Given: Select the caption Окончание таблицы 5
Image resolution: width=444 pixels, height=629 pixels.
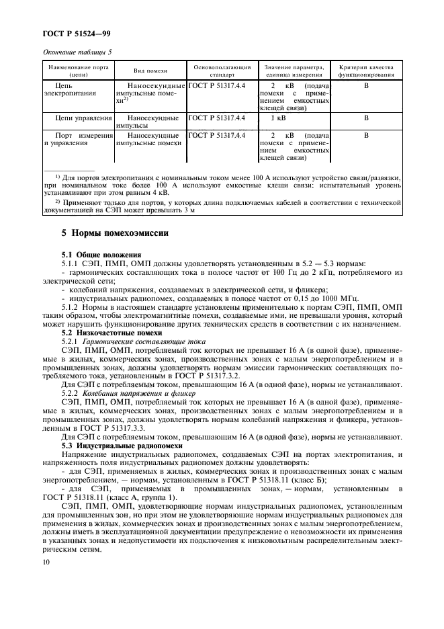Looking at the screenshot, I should [77, 52].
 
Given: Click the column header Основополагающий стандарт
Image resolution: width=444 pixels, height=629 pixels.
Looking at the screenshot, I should [222, 71].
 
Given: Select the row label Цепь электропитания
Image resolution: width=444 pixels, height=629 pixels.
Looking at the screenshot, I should [68, 90].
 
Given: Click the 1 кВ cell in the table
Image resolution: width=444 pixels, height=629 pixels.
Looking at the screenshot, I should [277, 118].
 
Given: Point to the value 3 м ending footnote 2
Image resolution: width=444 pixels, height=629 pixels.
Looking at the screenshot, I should [188, 210].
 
